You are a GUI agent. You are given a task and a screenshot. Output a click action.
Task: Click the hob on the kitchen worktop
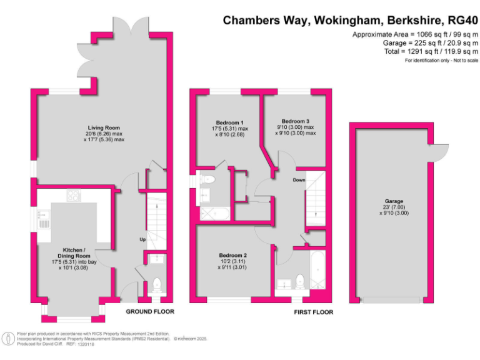(73, 196)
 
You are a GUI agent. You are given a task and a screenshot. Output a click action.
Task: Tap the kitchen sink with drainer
(44, 219)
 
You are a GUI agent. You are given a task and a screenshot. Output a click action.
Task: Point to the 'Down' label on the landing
(299, 180)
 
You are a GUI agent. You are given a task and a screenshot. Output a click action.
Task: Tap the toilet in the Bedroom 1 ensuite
(209, 180)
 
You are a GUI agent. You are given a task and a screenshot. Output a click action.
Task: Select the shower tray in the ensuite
(206, 212)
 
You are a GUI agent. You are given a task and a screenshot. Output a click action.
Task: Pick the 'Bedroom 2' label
(232, 255)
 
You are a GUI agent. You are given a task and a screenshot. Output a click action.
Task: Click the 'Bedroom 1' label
(229, 122)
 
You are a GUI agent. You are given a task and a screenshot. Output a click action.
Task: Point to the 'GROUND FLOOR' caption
(150, 311)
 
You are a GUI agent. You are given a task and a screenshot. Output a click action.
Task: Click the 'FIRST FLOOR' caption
(314, 312)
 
